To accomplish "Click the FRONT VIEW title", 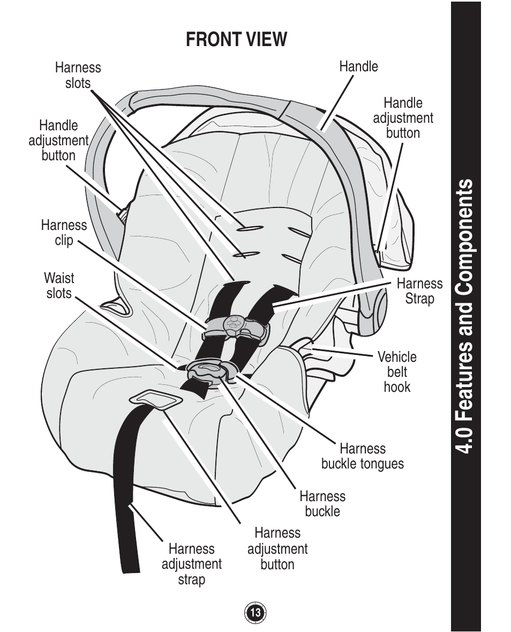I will [236, 39].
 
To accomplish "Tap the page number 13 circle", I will [255, 613].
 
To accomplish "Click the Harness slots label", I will [78, 75].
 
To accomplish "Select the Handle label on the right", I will [358, 66].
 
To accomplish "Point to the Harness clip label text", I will [64, 233].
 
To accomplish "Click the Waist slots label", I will [59, 285].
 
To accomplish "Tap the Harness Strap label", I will [419, 291].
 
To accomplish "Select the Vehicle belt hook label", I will [397, 371].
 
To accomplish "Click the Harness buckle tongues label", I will [363, 456].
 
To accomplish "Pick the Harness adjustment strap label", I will [191, 564].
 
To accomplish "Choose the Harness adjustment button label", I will [277, 548].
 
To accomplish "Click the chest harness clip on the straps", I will [234, 326].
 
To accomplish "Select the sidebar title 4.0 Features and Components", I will [465, 316].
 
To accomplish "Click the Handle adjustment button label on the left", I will [58, 140].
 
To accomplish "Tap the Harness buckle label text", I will [322, 503].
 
